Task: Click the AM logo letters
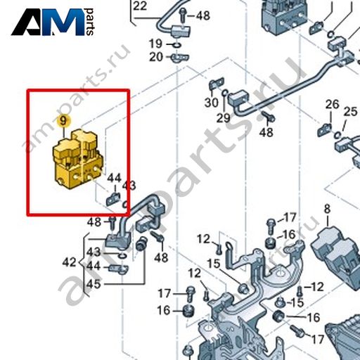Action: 48,22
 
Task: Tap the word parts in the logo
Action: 90,22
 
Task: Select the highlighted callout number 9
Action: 63,121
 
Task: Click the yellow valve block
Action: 77,160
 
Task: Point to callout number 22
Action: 140,6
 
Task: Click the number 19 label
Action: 156,44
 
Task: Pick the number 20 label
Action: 156,57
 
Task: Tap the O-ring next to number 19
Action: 177,44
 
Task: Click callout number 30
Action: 212,103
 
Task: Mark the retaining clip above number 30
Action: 217,84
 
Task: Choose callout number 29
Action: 223,118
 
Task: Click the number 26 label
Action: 332,104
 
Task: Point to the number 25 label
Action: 350,112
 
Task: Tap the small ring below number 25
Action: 337,135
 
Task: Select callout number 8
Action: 327,209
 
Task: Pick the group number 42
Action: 69,262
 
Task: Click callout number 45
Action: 94,284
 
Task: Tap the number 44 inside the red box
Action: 114,178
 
